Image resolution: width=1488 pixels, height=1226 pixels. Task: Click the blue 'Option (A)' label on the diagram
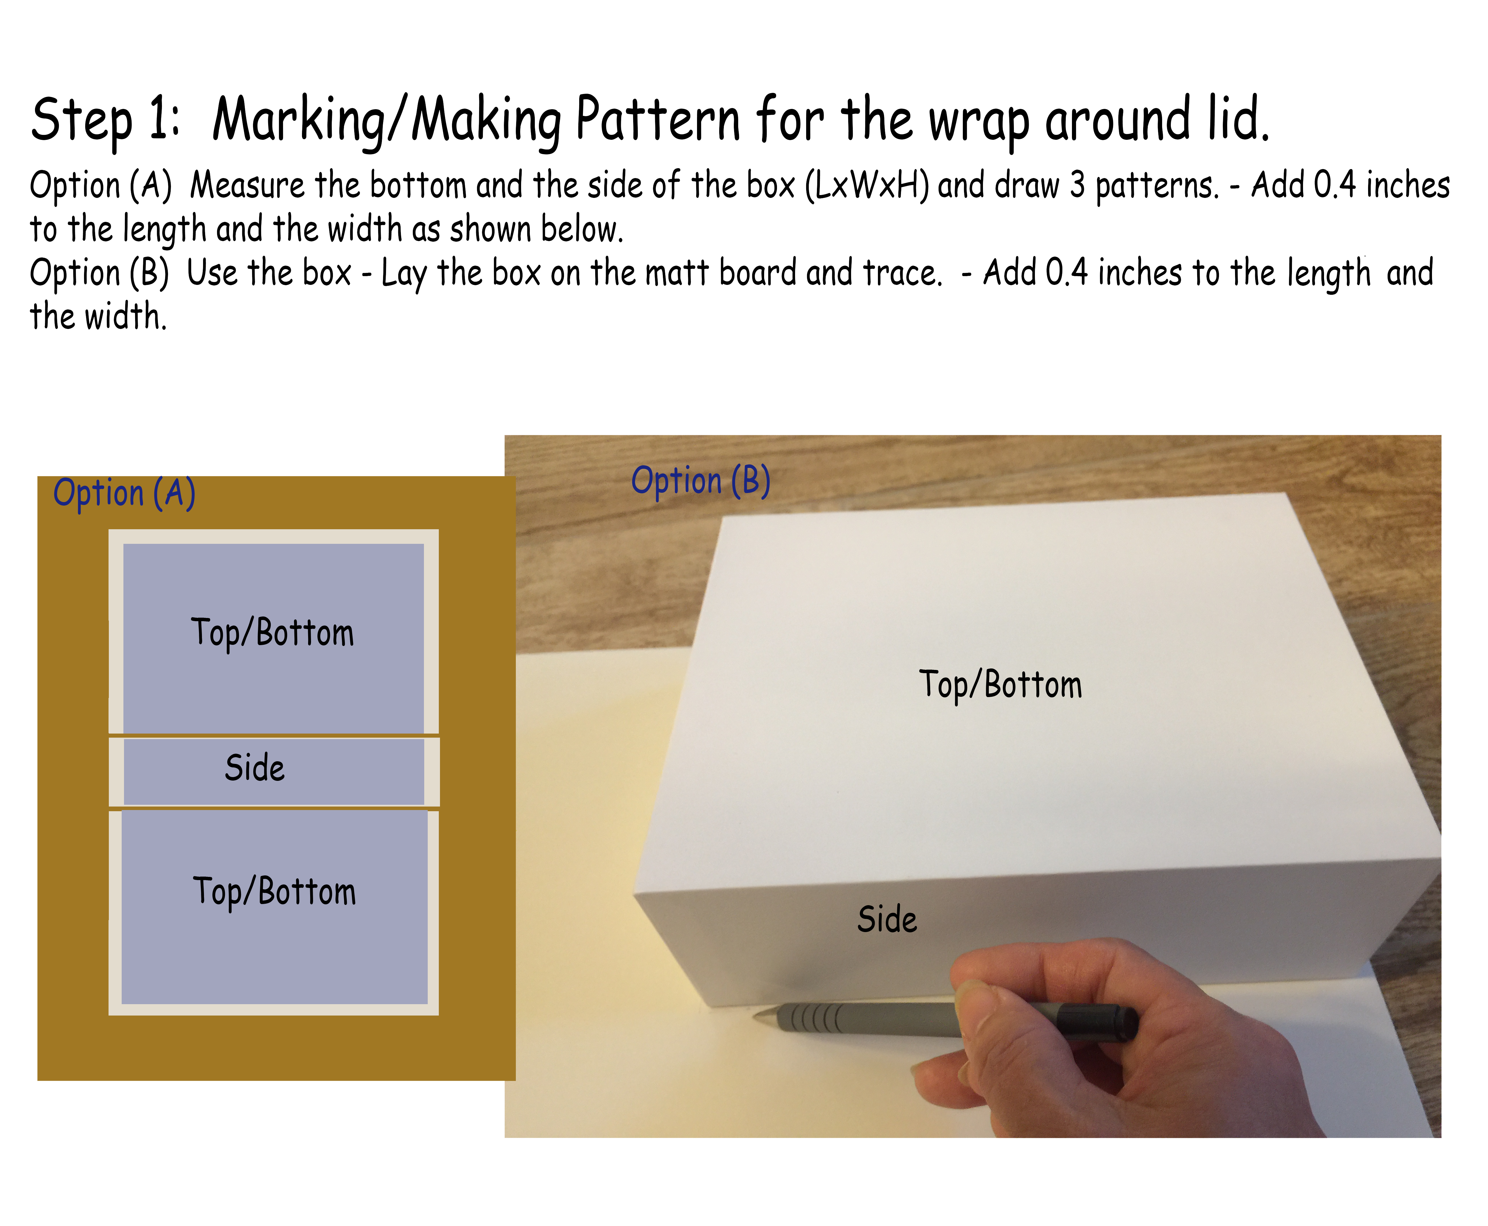tap(124, 493)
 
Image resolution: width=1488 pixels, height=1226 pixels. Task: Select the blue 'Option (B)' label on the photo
tap(700, 481)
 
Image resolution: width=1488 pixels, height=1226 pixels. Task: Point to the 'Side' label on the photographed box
tap(887, 919)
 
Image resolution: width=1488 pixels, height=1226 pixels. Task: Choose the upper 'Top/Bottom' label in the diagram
tap(272, 632)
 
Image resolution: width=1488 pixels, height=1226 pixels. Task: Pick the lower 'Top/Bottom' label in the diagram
tap(274, 891)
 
